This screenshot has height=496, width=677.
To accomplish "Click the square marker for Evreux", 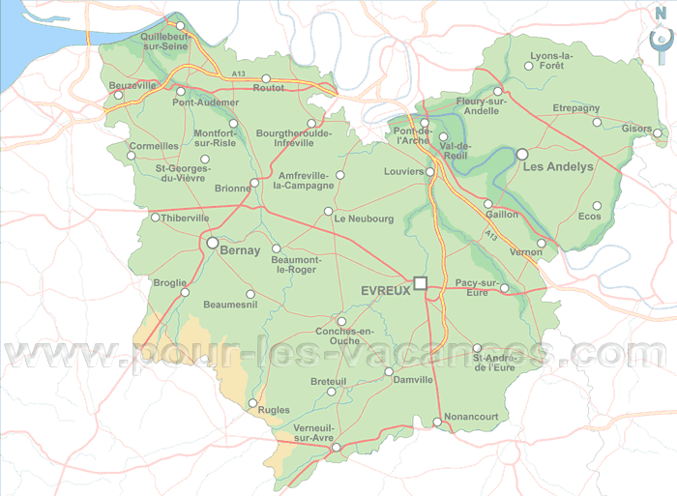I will coord(420,282).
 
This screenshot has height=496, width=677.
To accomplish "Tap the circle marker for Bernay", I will coord(212,244).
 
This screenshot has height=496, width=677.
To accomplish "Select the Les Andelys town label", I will coord(558,166).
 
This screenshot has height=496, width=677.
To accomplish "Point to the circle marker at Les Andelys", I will coord(522,154).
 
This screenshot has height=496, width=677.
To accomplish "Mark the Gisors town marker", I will coord(658,133).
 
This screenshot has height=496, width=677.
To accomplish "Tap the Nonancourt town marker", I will coord(437,422).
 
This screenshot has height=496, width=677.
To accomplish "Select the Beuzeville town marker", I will coord(118,95).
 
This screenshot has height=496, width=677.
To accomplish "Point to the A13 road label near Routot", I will coord(240,74).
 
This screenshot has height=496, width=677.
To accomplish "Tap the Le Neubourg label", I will coord(364,219).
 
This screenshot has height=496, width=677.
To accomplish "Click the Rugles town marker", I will coord(253,403).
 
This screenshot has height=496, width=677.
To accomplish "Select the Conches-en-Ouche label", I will coord(344,336).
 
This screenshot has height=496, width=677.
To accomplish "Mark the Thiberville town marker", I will coord(155,218).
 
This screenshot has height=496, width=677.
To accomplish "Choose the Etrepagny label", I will coord(576,108).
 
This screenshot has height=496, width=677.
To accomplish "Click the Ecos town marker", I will coord(597,205).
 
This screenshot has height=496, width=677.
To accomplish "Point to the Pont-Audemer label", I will coord(205,102).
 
